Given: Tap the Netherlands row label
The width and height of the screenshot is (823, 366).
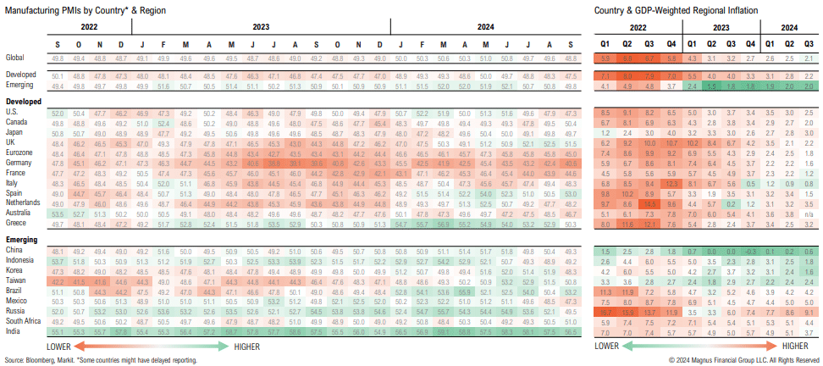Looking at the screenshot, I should pos(21,203).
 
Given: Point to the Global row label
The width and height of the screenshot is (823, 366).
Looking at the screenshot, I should pos(14,58).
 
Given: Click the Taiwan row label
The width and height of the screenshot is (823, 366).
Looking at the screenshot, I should pos(14,280).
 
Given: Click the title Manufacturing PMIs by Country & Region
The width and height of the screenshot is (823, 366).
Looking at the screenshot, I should pos(75,8).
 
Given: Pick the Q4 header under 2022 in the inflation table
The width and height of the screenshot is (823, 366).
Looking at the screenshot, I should pos(671,42).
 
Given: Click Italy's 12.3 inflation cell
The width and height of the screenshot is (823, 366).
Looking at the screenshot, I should pos(671,183).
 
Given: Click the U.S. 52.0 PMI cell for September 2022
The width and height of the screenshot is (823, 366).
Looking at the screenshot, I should pos(58,113).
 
